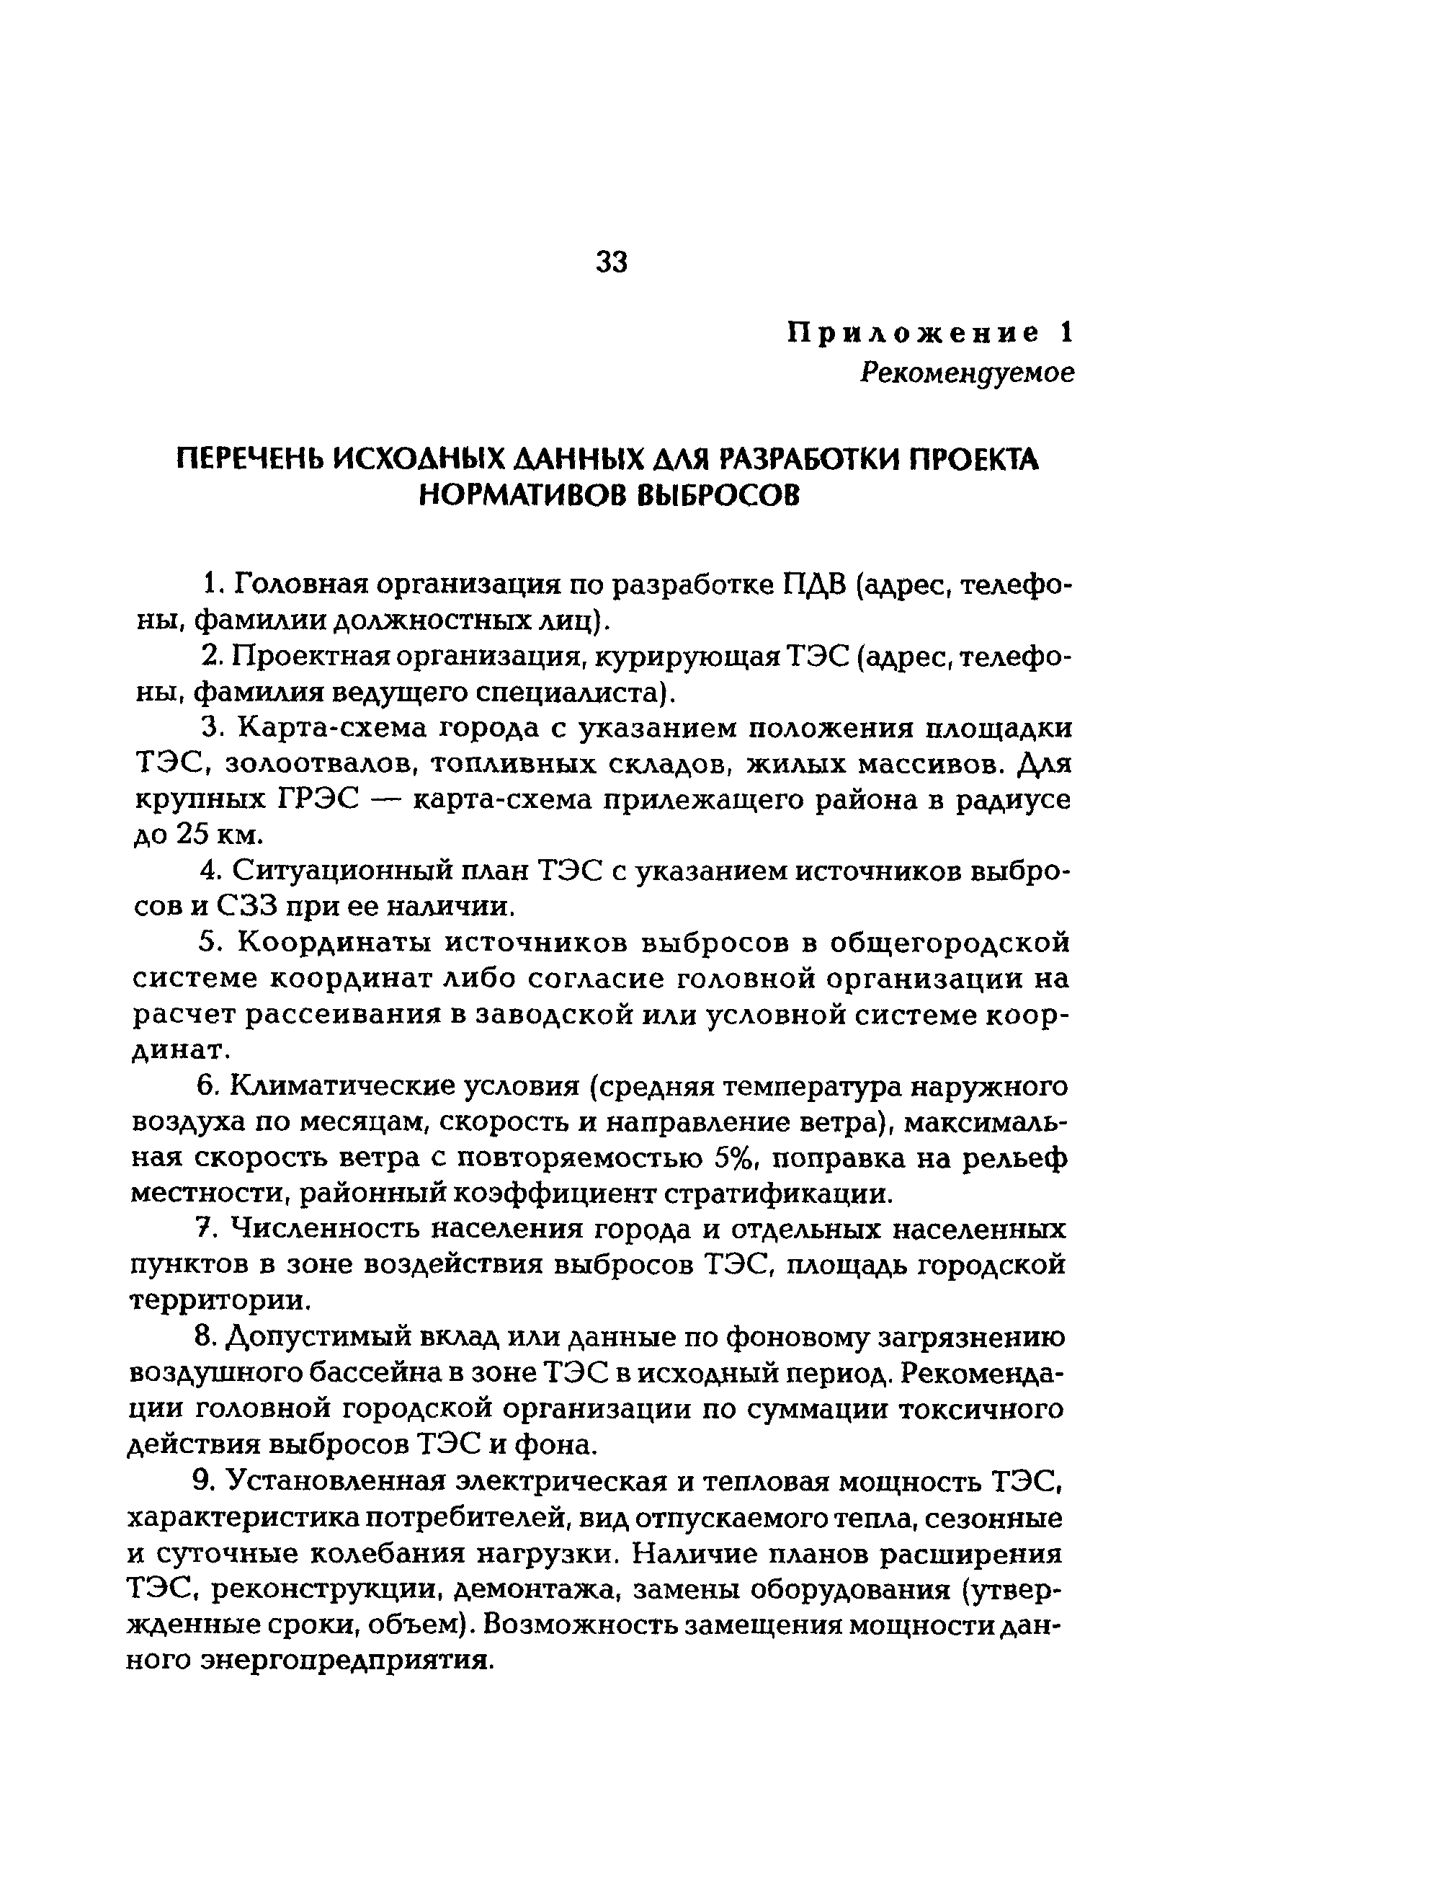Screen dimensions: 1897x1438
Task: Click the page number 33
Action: [x=612, y=262]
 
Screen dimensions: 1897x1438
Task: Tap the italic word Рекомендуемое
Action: [x=968, y=373]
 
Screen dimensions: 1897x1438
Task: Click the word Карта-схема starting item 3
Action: [x=332, y=728]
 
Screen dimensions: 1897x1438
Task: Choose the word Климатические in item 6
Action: [x=341, y=1087]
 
